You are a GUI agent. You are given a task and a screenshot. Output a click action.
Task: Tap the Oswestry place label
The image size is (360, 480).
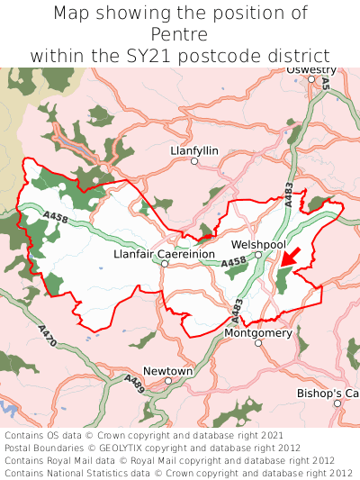pos(311,69)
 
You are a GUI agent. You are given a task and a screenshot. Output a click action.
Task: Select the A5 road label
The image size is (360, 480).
pos(326,83)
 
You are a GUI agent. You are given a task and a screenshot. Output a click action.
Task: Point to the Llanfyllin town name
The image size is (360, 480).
pos(193,150)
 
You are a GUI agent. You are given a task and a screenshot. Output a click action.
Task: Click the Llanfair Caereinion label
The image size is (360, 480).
pos(164,255)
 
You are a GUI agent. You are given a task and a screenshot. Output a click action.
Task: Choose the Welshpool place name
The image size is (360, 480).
pos(257,244)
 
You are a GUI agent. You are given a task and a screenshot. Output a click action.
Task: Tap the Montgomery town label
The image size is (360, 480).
pos(257,332)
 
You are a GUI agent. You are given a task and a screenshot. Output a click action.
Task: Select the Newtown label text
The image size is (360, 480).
pos(168,370)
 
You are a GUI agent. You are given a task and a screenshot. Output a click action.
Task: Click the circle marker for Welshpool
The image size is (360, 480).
pos(257,255)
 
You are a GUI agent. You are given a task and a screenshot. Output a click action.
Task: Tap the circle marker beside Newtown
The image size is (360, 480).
pos(168,381)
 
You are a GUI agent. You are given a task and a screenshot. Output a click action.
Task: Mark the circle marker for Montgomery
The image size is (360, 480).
pos(257,343)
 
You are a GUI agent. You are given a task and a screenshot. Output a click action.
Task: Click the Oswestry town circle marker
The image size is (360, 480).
pos(311,79)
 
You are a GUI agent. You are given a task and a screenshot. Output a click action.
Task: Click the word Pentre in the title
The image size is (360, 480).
pos(180,34)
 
